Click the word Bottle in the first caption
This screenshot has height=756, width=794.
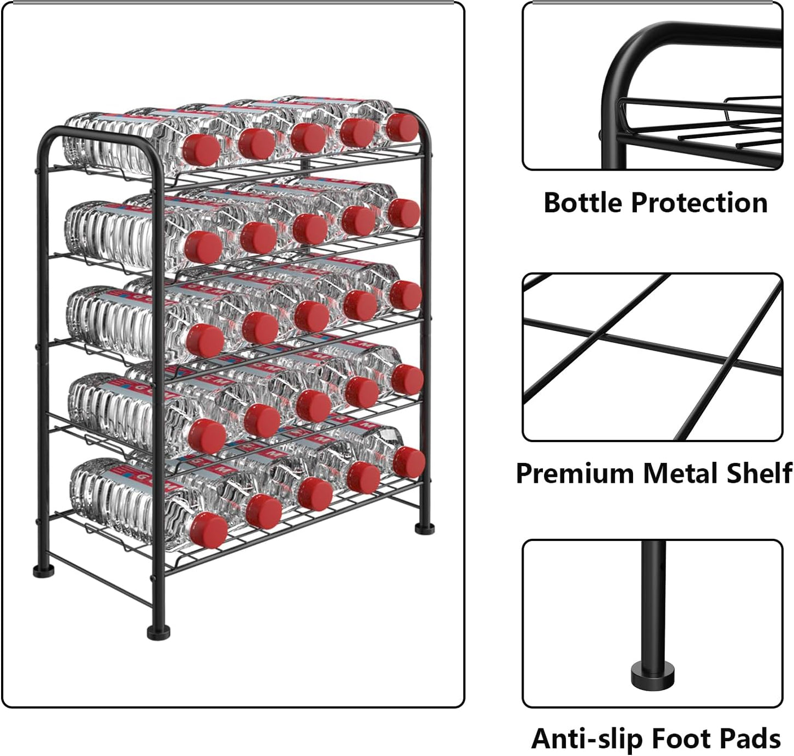point(583,202)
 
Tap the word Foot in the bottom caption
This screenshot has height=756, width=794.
point(685,739)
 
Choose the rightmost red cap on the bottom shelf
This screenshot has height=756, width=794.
point(409,462)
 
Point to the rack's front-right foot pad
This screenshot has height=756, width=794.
point(424,529)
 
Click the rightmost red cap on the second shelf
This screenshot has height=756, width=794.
point(404,213)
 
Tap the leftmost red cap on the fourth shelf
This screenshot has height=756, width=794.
point(207,436)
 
